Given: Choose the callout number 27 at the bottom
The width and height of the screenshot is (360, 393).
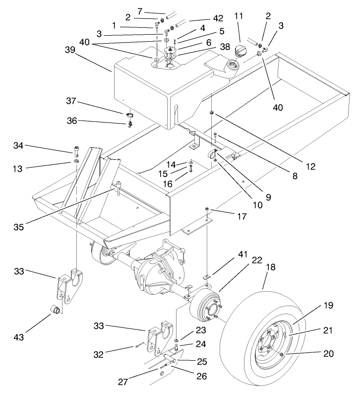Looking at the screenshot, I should pyautogui.click(x=123, y=383).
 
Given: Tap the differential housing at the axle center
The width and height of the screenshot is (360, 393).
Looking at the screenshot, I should pyautogui.click(x=155, y=270).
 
